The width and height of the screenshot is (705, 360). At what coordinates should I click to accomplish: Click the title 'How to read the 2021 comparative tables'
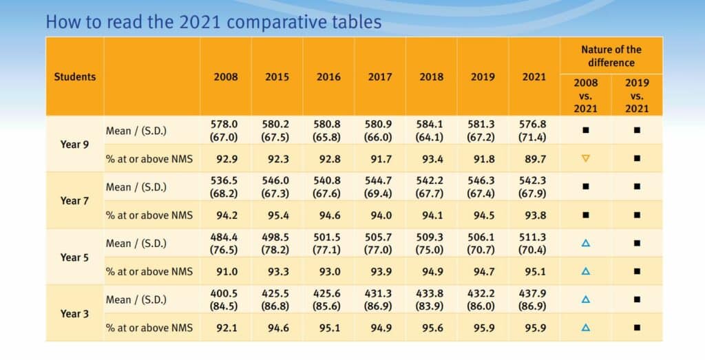pos(213,21)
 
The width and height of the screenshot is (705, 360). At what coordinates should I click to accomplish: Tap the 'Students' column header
pos(75,76)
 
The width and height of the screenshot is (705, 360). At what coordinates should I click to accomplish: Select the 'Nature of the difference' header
pos(611,56)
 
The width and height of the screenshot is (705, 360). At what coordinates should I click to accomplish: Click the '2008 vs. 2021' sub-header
pos(586,96)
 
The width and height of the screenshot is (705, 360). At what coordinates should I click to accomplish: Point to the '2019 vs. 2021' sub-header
pos(637,96)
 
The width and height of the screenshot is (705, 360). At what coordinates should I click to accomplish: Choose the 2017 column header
pos(379,76)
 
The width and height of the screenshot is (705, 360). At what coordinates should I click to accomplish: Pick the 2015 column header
pos(277,76)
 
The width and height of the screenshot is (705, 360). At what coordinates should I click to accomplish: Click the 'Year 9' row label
pos(74,144)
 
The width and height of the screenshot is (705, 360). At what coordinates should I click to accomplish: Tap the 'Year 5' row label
pos(74,257)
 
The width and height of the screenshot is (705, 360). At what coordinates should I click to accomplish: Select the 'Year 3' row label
pos(74,313)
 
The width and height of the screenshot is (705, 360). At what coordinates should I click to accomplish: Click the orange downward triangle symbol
pos(586,158)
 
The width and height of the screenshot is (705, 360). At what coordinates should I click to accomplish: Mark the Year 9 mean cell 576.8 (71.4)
pos(534,130)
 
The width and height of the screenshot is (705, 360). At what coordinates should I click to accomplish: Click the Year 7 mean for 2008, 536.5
pos(226,180)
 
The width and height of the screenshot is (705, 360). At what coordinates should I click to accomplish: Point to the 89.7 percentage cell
pos(534,158)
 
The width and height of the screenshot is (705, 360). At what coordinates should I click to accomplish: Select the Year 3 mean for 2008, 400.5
pos(226,293)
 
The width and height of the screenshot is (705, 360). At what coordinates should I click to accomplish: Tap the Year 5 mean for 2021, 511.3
pos(534,236)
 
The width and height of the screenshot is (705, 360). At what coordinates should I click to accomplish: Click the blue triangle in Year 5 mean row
pos(586,242)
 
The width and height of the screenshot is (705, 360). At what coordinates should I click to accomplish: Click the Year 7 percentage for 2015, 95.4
pos(277,215)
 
